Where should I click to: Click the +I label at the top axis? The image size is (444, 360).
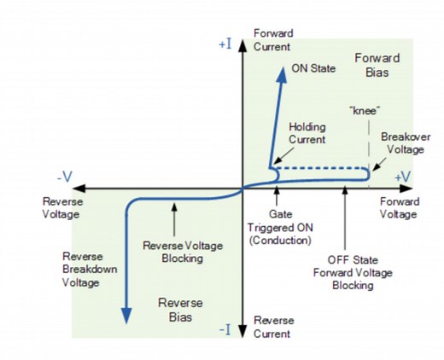[x=226, y=41]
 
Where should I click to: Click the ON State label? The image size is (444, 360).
[x=313, y=67]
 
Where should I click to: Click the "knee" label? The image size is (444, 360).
[x=365, y=110]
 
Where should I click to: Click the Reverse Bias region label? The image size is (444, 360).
[x=180, y=310]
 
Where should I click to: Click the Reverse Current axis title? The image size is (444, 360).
[x=273, y=327]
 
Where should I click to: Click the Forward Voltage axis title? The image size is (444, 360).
[x=400, y=208]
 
